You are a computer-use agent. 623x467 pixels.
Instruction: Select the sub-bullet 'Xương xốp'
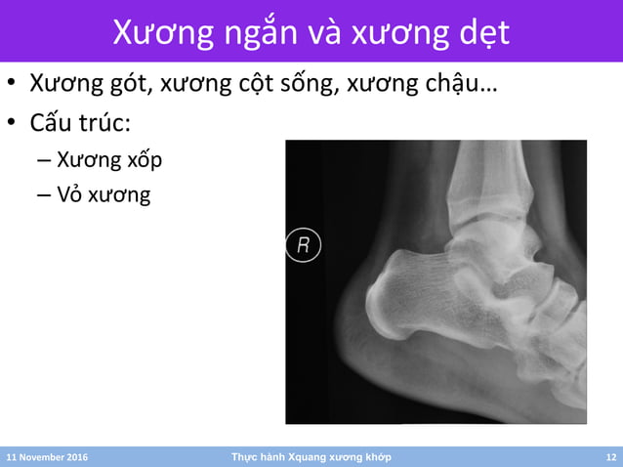click(x=109, y=159)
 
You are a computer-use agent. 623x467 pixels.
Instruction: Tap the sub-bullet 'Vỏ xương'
click(x=104, y=195)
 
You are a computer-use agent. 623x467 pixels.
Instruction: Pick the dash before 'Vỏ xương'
click(x=43, y=195)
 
